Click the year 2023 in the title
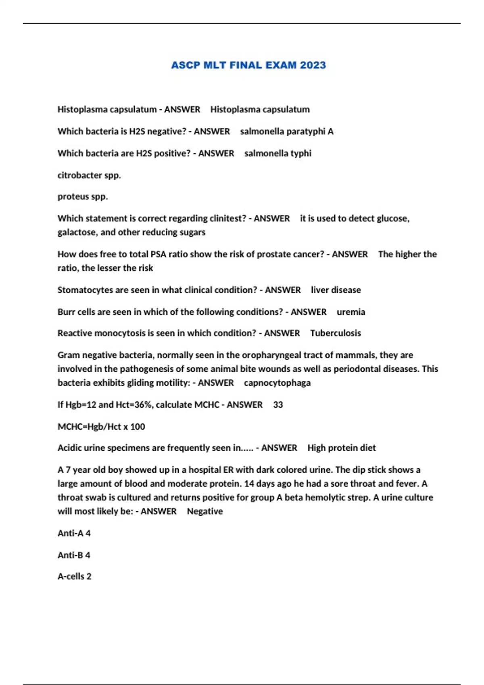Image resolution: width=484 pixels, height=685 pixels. point(313,65)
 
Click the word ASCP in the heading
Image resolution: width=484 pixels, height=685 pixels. point(185,65)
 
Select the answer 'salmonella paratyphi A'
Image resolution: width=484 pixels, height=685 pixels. point(287,131)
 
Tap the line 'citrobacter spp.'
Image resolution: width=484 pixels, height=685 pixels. point(89,175)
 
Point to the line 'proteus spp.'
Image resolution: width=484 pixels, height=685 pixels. point(83,197)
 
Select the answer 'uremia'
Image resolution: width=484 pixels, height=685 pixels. point(351,312)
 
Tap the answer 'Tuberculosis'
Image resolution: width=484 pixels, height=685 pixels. point(336,333)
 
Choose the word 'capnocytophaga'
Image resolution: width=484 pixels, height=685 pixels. point(277,383)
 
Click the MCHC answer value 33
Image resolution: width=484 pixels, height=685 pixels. point(278,405)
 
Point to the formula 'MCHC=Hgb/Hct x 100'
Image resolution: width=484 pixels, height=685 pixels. point(101,427)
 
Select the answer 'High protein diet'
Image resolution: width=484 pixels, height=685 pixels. point(341,448)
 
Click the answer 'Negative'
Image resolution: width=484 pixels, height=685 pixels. point(205,511)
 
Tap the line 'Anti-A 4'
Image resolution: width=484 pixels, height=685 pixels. point(74,533)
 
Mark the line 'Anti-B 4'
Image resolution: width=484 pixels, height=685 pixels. point(74,555)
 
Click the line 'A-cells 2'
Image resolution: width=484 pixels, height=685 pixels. point(75,577)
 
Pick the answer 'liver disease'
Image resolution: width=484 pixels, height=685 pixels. point(336,290)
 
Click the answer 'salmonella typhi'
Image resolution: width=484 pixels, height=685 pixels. point(278,154)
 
